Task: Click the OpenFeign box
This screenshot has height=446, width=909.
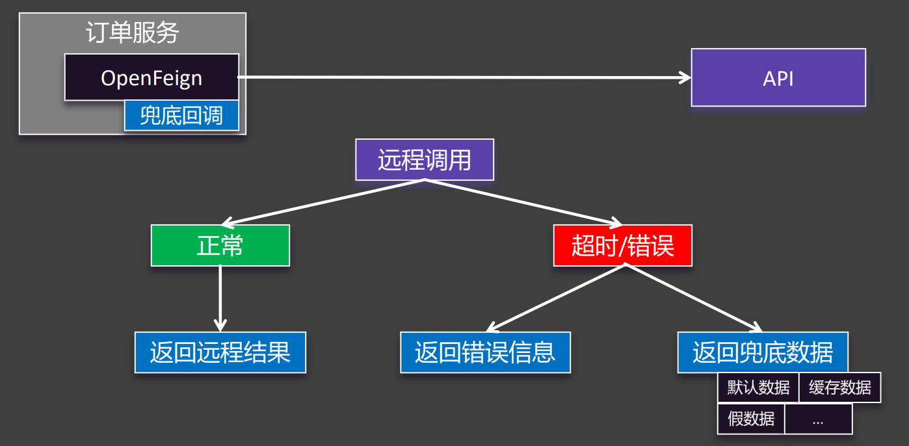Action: coord(151,77)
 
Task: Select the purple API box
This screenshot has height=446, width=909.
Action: coord(778,77)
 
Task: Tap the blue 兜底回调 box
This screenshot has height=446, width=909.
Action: coord(181,116)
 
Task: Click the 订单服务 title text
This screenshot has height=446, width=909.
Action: coord(133,33)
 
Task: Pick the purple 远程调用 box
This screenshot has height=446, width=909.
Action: coord(425,159)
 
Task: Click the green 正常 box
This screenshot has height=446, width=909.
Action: coord(220,246)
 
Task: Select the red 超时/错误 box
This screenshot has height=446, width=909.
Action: coord(622,246)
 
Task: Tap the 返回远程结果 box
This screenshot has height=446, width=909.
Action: coord(220,352)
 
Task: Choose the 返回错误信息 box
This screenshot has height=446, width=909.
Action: coord(485,352)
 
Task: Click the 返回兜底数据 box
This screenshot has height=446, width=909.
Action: coord(763,352)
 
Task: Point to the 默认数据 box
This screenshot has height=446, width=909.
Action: coord(757,388)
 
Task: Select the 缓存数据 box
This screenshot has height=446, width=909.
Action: coord(839,388)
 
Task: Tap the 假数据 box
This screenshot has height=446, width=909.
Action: coord(751,419)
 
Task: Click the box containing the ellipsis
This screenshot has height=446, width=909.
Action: coord(818,419)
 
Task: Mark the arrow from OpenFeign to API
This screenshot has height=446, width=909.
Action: coord(464,77)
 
